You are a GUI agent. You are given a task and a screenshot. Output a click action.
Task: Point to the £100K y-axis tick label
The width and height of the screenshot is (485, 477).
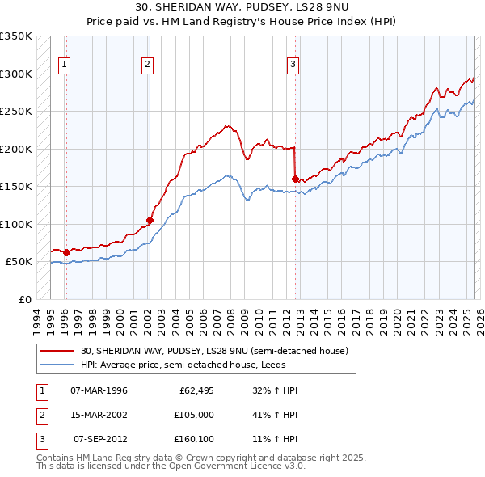click(15, 224)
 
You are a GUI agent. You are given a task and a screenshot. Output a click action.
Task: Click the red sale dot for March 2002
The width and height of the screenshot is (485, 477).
click(150, 220)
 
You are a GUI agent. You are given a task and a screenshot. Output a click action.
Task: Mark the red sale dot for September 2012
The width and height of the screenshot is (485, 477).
click(295, 179)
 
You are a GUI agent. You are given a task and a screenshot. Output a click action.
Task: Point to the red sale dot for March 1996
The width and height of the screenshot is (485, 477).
click(66, 252)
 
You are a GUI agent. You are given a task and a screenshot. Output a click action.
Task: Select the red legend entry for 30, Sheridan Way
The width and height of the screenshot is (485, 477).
click(214, 351)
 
